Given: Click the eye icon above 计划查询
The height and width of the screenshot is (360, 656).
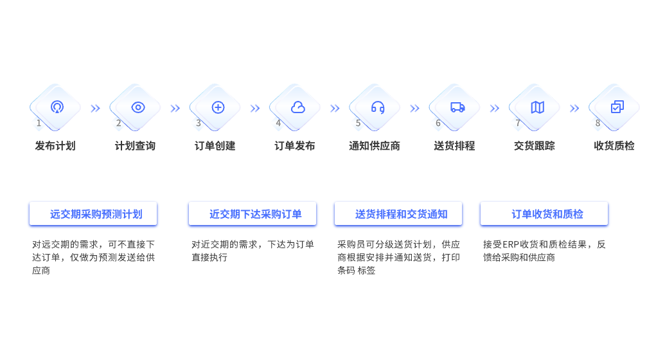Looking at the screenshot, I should click(x=138, y=107).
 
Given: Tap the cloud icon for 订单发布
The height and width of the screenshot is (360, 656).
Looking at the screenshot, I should click(x=297, y=107).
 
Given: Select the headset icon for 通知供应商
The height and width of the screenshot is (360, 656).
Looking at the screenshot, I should click(x=378, y=107).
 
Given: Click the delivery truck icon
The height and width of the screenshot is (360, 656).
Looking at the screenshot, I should click(x=457, y=107).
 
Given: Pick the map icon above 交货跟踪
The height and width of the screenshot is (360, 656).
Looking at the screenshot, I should click(x=537, y=107).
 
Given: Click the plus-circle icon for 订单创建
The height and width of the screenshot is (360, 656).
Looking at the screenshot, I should click(x=218, y=107).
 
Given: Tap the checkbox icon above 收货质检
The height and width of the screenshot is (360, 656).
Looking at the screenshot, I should click(x=617, y=107).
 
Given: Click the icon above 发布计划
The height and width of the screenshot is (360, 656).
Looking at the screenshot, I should click(x=58, y=107).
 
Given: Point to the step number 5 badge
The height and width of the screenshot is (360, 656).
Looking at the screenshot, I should click(x=359, y=123).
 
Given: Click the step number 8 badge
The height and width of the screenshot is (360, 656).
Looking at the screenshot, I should click(x=598, y=123).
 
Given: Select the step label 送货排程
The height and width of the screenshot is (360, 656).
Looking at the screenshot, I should click(x=454, y=146).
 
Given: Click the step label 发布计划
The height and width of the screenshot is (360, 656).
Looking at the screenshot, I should click(x=55, y=146).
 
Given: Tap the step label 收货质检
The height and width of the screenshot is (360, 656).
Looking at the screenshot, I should click(x=614, y=146).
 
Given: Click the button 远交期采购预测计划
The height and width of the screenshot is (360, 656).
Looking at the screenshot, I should click(x=94, y=214).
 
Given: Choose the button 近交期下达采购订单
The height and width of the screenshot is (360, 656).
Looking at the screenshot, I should click(x=253, y=214).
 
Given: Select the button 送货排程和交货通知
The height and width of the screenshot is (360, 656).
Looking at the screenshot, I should click(x=398, y=214).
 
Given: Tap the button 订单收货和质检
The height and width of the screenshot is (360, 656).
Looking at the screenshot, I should click(x=544, y=214).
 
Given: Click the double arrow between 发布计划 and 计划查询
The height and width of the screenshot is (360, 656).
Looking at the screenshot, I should click(x=95, y=109).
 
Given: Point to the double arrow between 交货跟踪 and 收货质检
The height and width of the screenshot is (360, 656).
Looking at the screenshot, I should click(x=574, y=109).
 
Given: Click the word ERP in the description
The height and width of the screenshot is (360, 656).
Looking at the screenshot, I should click(x=510, y=245).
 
